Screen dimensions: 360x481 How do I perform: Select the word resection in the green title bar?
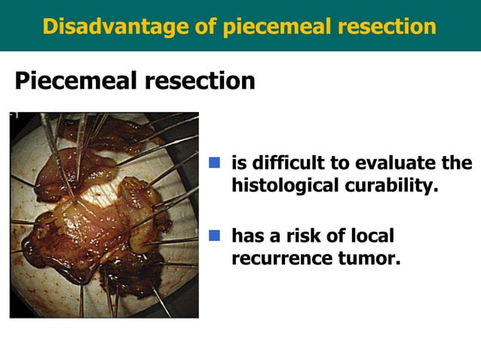click(387, 26)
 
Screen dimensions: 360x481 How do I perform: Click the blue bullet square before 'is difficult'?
click(214, 163)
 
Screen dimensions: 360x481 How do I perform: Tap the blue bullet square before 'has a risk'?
click(214, 236)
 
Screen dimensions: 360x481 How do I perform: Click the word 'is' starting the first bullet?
click(239, 163)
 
